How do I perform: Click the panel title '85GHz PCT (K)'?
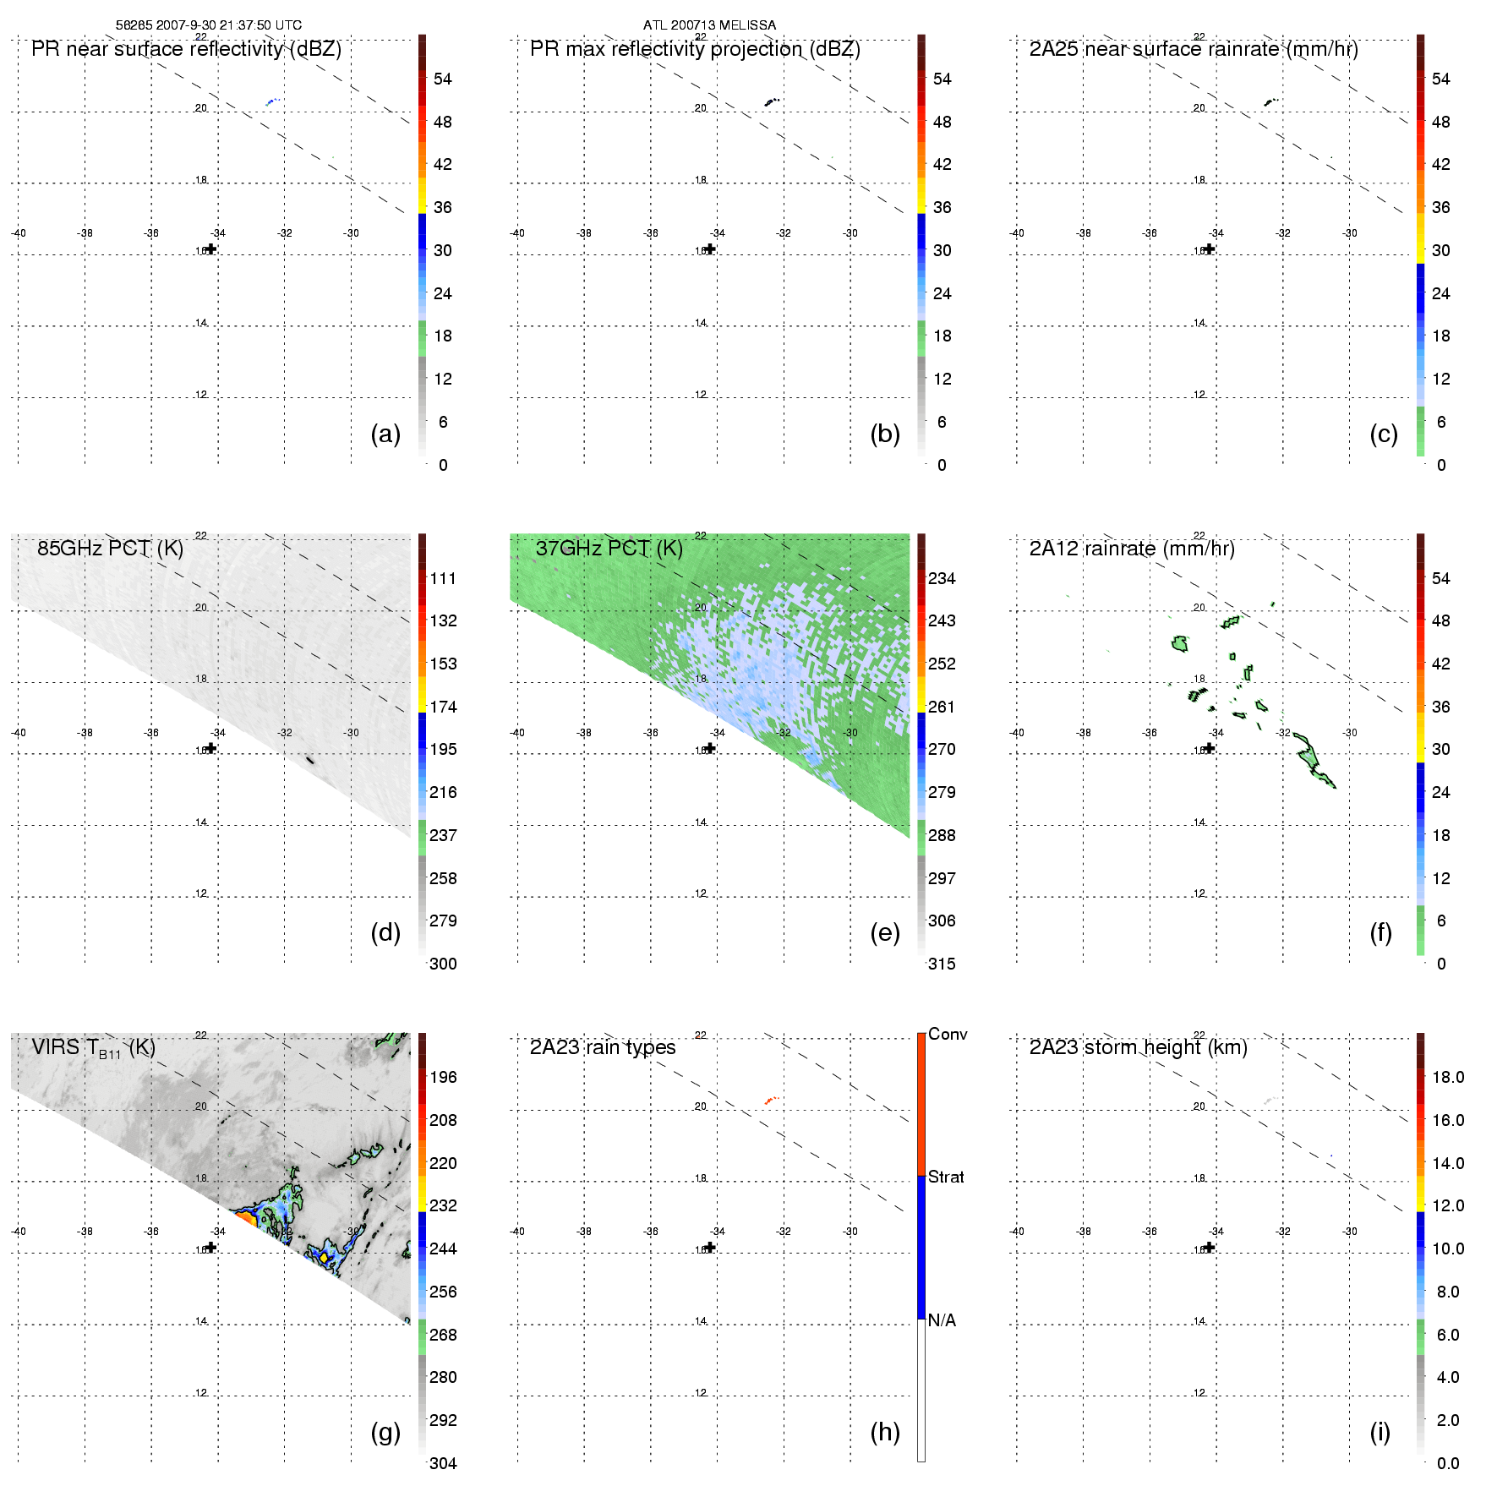point(110,548)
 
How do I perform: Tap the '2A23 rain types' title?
point(602,1046)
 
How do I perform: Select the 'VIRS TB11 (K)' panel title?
point(93,1048)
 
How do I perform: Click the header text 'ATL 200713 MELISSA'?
point(709,25)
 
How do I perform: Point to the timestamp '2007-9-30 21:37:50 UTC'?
point(228,25)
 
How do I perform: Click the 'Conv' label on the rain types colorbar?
point(947,1034)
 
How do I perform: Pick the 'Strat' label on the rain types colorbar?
point(946,1177)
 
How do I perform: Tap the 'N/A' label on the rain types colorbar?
point(942,1319)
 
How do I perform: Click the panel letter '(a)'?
point(385,434)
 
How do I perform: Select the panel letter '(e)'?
point(884,932)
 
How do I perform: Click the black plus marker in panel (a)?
point(211,249)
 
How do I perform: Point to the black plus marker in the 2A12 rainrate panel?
point(1210,748)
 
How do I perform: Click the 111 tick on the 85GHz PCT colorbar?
point(443,578)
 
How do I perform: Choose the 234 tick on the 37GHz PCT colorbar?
point(942,578)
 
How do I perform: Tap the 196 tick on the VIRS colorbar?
point(443,1077)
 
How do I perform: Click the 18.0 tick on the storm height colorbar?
point(1447,1077)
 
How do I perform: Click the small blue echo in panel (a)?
point(271,101)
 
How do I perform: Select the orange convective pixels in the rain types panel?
point(770,1100)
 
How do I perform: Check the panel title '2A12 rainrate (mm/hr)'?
point(1131,548)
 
